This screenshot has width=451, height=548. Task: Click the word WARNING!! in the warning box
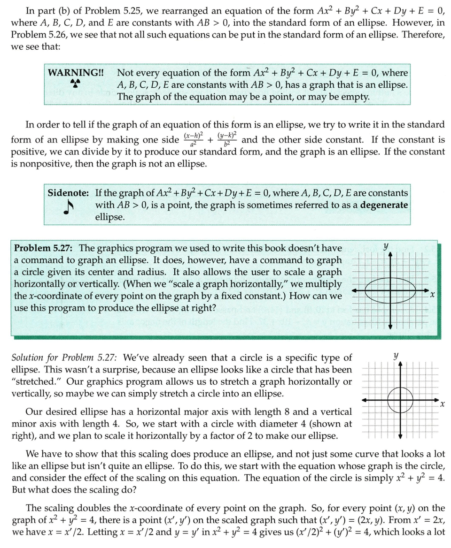click(75, 73)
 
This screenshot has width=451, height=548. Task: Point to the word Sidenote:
click(69, 193)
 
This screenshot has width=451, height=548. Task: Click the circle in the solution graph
click(400, 399)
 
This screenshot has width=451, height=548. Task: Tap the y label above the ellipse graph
click(385, 246)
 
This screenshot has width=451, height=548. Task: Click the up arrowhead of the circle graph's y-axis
click(400, 365)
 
